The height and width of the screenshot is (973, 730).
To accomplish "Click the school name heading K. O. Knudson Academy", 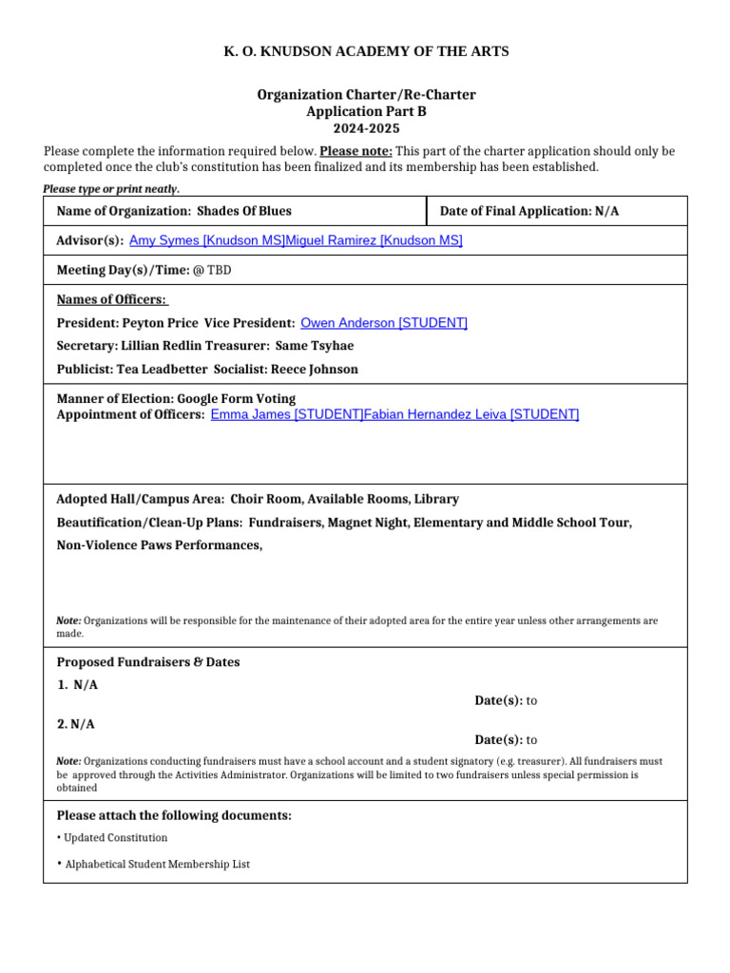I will coord(366,51).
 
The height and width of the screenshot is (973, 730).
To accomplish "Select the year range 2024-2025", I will coord(366,128).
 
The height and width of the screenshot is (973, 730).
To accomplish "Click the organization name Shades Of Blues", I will coord(244,211).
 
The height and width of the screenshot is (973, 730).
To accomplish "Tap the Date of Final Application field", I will coord(528,211).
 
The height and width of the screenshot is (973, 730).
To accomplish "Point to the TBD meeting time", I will coord(220,271).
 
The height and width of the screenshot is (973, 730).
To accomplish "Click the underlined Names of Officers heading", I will coord(112,300).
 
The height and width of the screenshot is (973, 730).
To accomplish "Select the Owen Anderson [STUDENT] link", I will coord(383,323).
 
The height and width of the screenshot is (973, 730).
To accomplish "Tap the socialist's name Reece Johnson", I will coord(315,369).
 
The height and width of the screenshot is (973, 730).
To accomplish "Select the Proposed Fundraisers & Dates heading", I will coord(148,662).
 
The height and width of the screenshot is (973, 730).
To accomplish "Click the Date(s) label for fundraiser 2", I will coord(498,740).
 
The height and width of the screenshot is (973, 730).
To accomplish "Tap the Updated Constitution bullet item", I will coord(115,838).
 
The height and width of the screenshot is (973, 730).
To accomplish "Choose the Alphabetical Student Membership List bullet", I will coord(157,865).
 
